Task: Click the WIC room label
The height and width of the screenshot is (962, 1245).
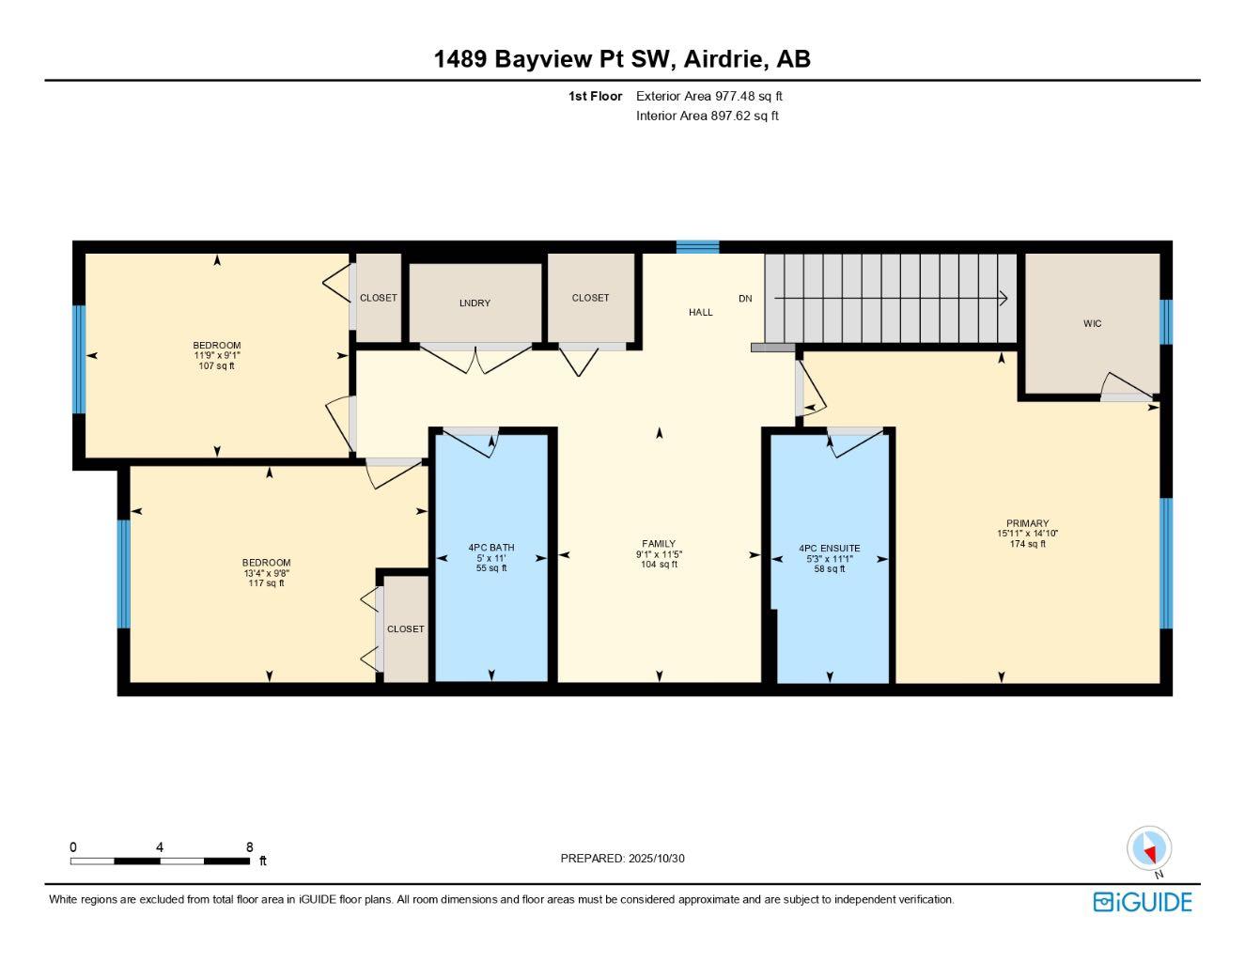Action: pos(1092,323)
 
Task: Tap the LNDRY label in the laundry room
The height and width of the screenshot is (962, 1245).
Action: pos(475,303)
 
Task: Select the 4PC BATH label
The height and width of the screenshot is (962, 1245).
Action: pos(491,548)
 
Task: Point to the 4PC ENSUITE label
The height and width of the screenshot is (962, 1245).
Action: pos(829,549)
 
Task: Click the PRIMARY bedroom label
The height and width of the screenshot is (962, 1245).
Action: pos(1027,524)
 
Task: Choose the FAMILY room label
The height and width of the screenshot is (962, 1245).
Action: pos(659,544)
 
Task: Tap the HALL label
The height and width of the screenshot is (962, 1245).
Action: pos(701,312)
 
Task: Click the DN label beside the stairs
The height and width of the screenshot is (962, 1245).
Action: pos(745,299)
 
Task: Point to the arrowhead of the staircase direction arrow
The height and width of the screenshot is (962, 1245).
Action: pos(1003,299)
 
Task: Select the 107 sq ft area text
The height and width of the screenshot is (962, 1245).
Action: pos(217,366)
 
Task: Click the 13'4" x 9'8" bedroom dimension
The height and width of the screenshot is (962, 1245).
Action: pos(266,573)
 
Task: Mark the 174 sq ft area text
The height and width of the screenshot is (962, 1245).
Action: pos(1027,544)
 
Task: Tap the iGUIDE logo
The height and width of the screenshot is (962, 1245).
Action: pos(1143,902)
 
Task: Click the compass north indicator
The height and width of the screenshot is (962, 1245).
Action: pos(1149,849)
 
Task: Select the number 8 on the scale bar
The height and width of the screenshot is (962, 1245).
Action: pos(250,847)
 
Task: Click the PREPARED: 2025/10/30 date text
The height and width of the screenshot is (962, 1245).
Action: pos(622,858)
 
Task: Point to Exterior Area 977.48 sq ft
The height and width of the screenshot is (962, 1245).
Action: pos(708,96)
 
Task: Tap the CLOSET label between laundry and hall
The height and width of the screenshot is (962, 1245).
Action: pos(590,298)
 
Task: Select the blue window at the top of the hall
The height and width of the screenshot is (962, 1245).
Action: pos(697,247)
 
